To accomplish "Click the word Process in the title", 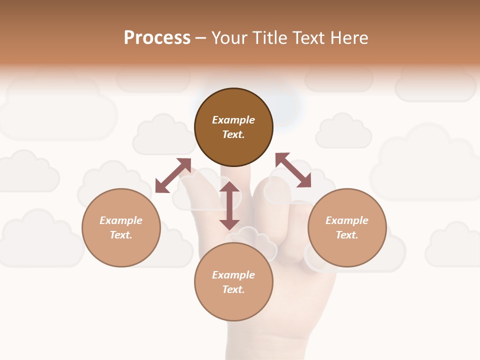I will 157,38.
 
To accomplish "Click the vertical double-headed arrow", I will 229,205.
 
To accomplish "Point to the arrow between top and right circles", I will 293,170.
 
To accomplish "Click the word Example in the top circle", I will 233,120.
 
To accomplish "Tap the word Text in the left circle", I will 121,235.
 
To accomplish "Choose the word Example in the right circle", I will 347,220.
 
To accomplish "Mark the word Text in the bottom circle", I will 233,289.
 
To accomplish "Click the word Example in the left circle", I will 121,220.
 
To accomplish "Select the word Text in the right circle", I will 347,235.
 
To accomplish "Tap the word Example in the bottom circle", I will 233,275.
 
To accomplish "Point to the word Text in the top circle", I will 233,134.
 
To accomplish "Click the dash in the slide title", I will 201,38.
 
